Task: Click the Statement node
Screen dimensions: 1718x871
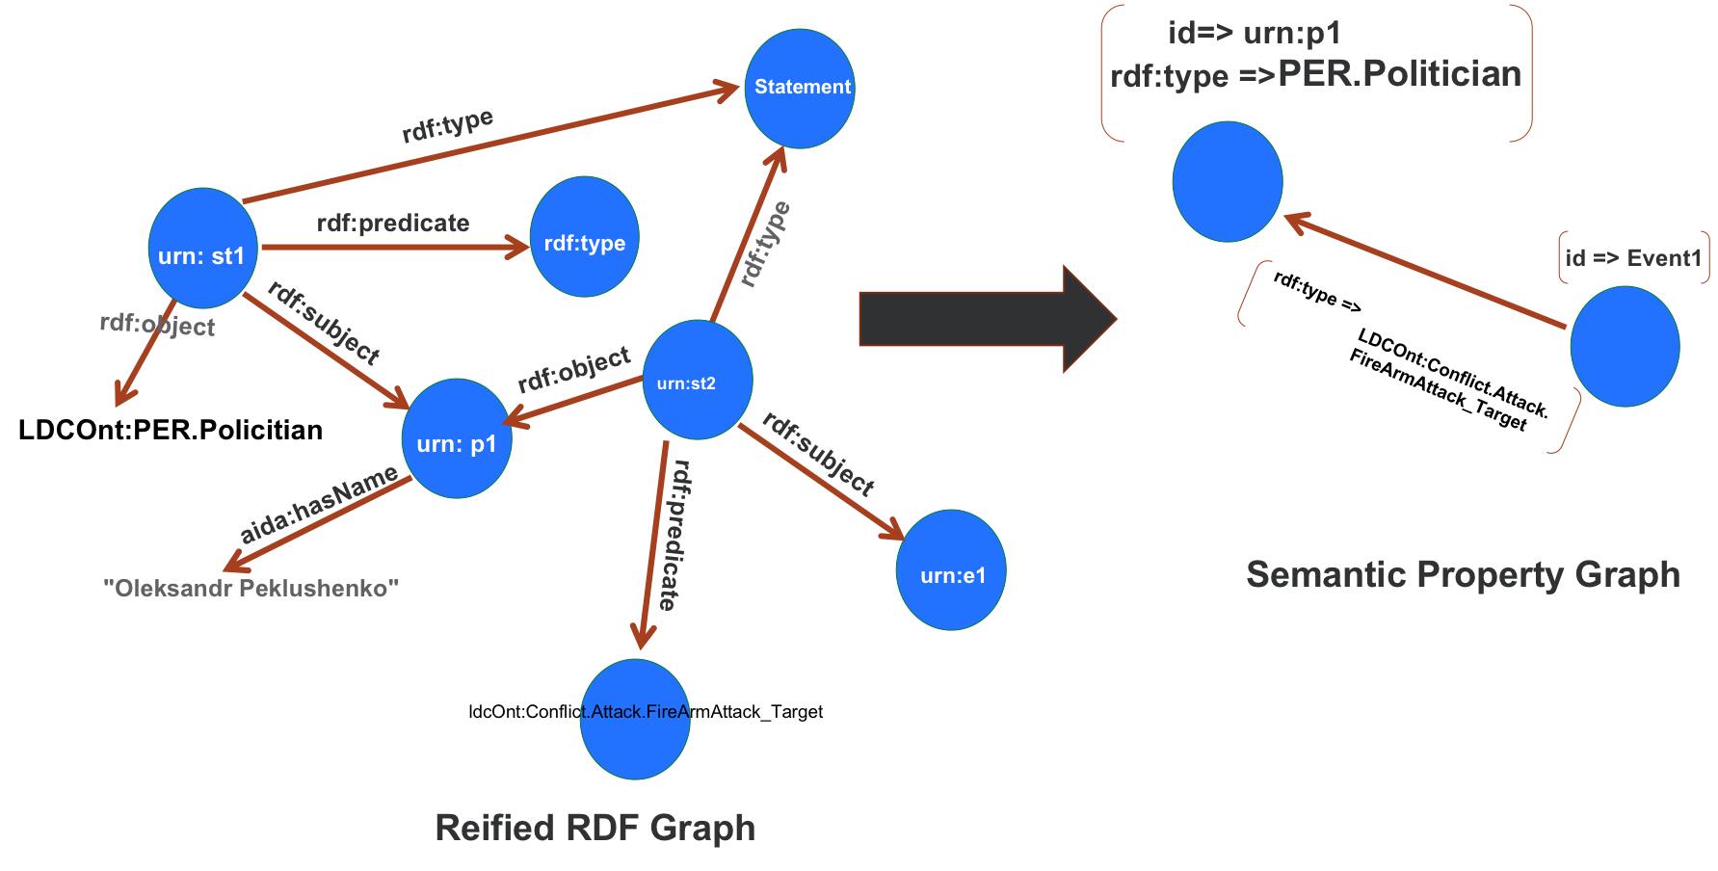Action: (800, 88)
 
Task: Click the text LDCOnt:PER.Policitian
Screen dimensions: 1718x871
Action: (171, 430)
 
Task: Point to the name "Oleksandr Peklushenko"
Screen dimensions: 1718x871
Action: (251, 587)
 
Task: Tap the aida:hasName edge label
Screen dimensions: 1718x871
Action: (319, 505)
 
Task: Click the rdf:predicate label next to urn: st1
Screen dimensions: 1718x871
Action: (393, 223)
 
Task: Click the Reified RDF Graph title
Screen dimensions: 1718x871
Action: (595, 828)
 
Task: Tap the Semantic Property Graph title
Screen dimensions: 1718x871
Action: (1462, 574)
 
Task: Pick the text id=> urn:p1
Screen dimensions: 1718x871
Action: (1254, 34)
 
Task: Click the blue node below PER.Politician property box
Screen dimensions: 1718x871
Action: (1228, 181)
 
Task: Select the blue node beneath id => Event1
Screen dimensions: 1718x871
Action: (1625, 347)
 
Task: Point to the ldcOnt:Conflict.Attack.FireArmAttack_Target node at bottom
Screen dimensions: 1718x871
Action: (636, 719)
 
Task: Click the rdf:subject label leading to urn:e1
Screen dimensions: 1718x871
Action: (818, 453)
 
